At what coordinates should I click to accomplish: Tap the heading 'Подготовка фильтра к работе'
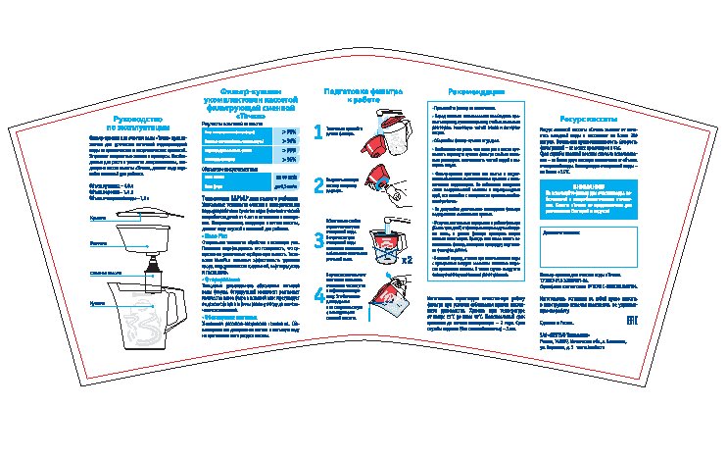tap(363, 94)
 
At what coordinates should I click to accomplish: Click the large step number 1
tap(318, 131)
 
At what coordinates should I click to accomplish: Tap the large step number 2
tap(318, 185)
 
